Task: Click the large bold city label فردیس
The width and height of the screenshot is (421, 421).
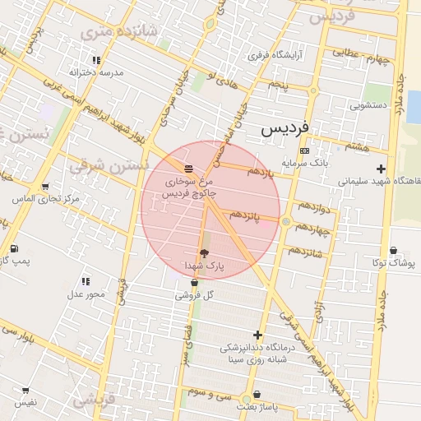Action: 286,130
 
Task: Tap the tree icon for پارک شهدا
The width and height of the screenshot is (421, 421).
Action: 204,253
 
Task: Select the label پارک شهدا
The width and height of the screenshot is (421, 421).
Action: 204,266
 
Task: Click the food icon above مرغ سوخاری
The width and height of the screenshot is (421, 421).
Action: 189,169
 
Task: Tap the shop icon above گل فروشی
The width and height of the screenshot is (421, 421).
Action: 194,282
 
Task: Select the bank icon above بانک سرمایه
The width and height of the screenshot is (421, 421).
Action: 305,150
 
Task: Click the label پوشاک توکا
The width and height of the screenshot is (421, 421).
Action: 395,263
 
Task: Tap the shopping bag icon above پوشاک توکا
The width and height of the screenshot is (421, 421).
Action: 395,251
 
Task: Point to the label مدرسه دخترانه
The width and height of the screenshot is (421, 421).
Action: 96,72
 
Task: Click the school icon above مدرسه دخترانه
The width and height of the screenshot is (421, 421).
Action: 96,60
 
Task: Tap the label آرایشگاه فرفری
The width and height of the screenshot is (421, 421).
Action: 276,56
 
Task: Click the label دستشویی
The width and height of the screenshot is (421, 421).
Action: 368,105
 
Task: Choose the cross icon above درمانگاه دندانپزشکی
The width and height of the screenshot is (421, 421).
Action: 258,335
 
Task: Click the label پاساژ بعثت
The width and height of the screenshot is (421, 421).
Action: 258,407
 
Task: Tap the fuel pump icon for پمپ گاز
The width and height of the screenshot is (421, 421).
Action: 14,248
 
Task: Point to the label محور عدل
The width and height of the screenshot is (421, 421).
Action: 86,294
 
